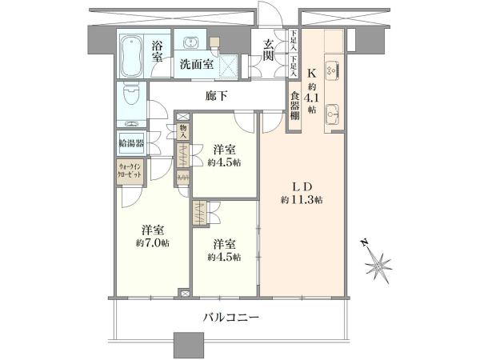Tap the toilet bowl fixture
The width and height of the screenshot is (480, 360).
point(132,95)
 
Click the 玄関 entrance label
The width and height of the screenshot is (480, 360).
point(268,50)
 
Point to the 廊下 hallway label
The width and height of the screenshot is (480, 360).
point(217,96)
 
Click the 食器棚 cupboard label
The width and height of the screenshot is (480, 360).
point(294,106)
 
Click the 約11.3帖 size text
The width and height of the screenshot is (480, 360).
point(302,201)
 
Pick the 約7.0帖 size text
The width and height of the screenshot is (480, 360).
point(153,243)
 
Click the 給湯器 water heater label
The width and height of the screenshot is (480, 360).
point(131,143)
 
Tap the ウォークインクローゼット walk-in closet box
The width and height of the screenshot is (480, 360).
point(130,171)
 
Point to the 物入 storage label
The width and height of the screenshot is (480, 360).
point(183,132)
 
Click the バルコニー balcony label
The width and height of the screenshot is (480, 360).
point(231,318)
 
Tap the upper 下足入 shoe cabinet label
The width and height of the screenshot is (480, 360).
point(294,41)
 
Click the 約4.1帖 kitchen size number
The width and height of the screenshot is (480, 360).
point(312,98)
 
